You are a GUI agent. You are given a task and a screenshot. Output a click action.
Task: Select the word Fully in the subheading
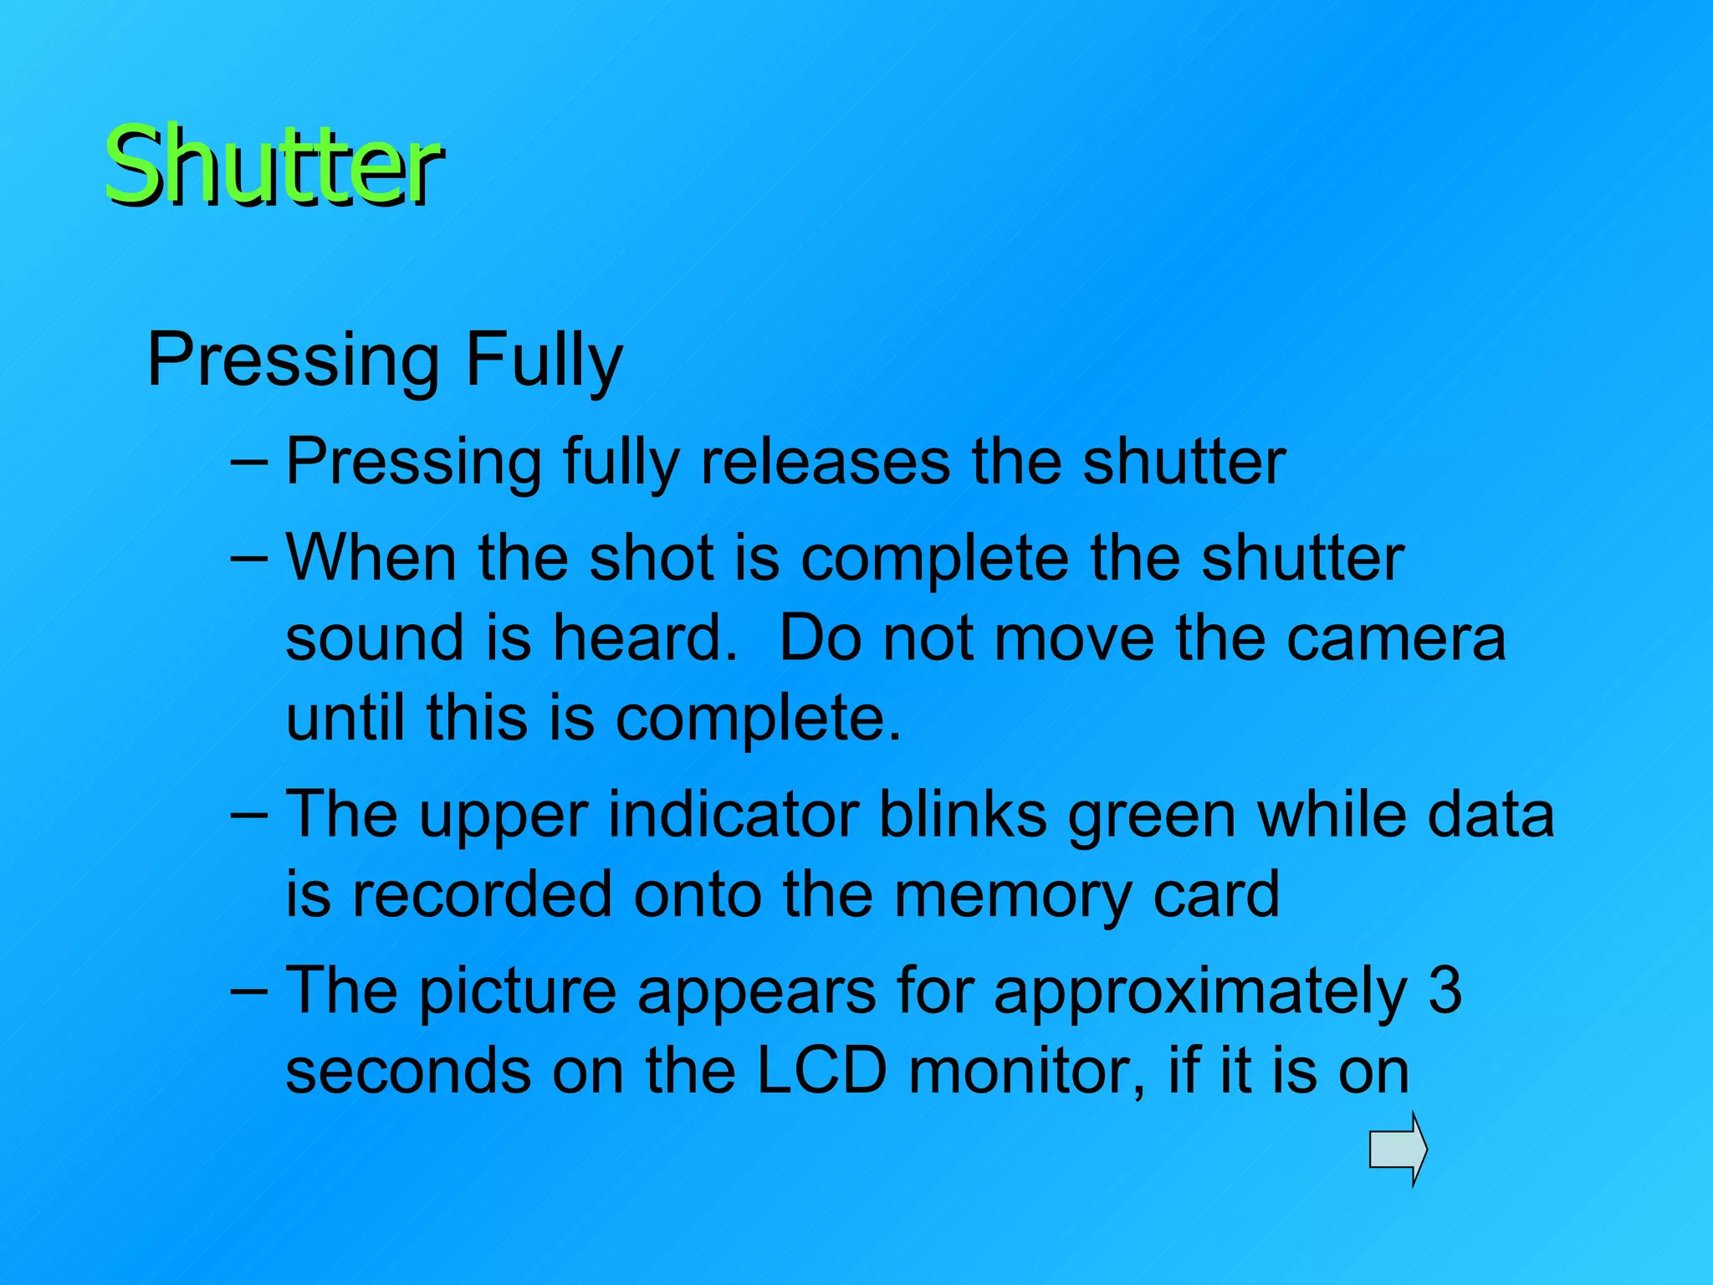544,360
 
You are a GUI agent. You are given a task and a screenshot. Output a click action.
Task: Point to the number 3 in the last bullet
1445,990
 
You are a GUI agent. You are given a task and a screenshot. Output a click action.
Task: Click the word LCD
821,1071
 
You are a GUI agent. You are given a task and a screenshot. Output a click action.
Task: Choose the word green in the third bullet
1152,815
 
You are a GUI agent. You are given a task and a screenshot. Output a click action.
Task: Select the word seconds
407,1071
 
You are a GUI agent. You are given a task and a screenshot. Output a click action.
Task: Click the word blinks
963,815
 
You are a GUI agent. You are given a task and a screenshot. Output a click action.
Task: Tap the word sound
374,638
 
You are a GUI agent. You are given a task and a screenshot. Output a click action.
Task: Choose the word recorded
481,894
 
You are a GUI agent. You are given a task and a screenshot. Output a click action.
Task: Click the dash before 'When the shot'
248,557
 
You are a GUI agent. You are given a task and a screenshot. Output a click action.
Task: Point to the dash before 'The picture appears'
248,990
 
